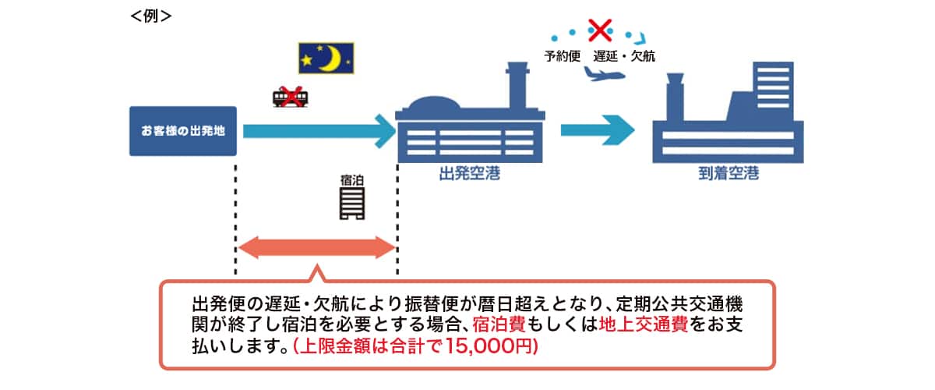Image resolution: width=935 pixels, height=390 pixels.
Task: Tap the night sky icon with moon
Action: (326, 58)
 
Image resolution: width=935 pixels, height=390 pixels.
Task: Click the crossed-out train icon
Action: (289, 97)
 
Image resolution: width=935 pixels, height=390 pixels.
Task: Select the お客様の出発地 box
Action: (183, 130)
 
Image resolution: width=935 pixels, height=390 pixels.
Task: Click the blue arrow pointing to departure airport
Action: (320, 130)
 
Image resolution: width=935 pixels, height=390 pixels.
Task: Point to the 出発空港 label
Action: (469, 174)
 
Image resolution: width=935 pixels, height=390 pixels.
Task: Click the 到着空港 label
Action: (729, 174)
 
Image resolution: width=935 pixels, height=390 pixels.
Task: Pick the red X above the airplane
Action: (600, 31)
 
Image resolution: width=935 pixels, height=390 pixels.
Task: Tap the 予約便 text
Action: (563, 56)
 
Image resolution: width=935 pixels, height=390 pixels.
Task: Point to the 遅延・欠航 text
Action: (624, 56)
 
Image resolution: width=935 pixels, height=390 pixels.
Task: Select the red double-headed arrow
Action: (316, 248)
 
